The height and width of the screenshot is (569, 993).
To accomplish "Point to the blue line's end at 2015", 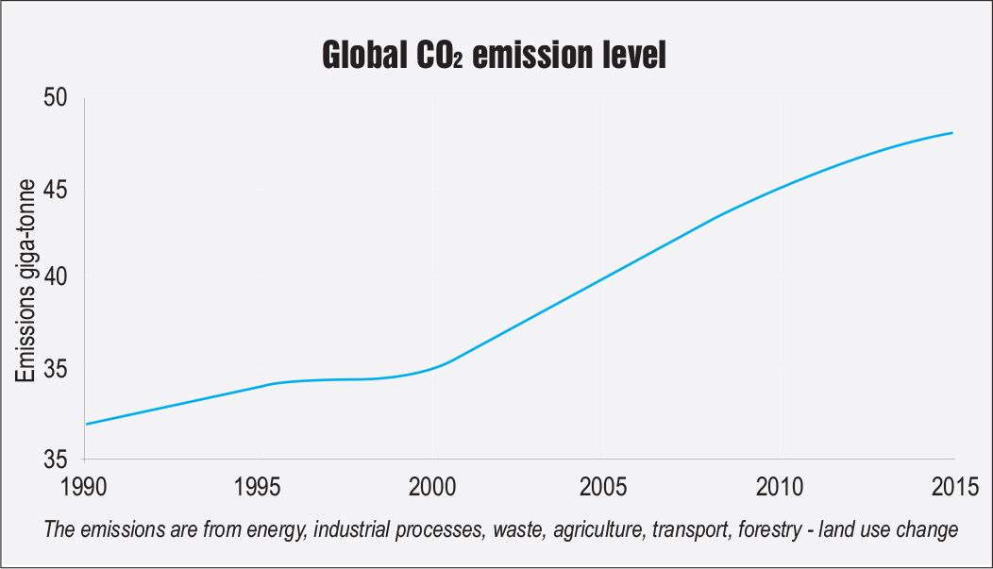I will tap(952, 133).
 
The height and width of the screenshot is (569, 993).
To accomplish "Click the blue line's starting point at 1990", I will tap(87, 424).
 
